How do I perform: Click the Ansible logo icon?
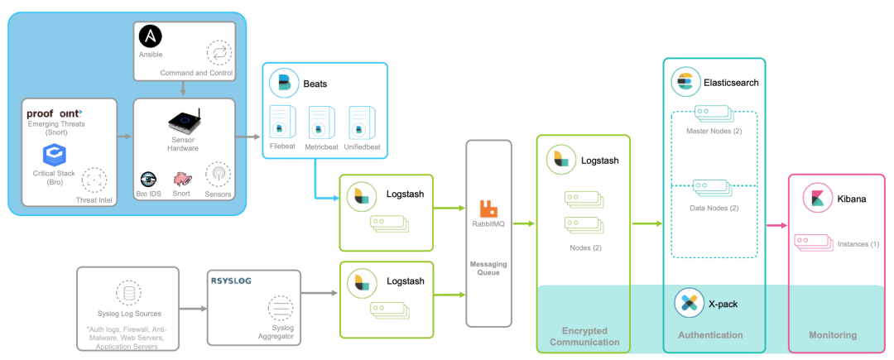pos(150,37)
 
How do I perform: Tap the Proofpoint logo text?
pos(55,113)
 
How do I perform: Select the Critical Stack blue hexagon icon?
pos(54,154)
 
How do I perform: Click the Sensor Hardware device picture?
pos(185,121)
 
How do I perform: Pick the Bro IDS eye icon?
pos(149,179)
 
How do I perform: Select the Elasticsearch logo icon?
pos(685,82)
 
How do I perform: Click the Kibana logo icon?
pos(815,199)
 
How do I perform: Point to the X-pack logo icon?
pos(688,303)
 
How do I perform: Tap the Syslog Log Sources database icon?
pos(127,293)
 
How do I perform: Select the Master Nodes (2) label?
pos(713,132)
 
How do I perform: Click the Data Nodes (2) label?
pos(713,207)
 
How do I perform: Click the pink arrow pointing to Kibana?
pos(776,224)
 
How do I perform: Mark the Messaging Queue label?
pos(488,268)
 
